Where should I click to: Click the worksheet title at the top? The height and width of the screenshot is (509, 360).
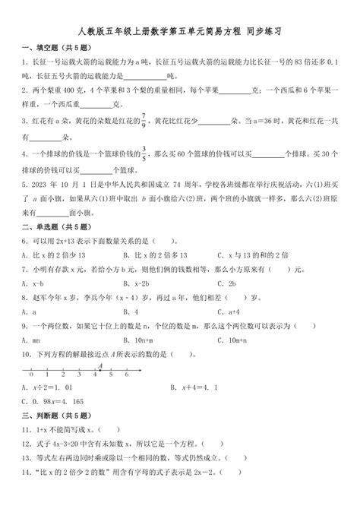tap(179, 33)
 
